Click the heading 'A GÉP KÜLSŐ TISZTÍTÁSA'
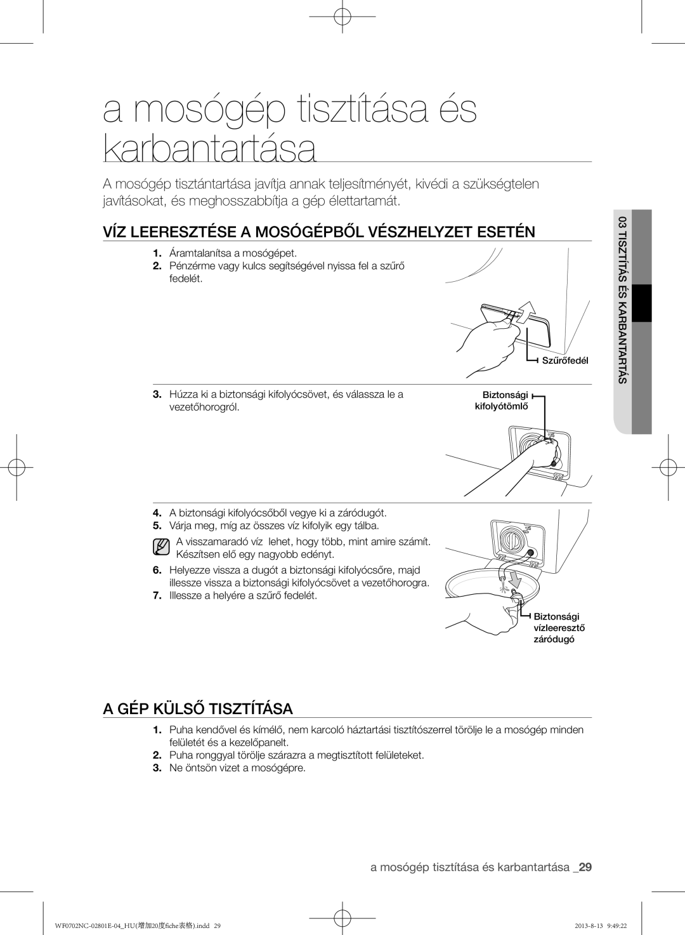click(x=197, y=708)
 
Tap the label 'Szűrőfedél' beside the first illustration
click(x=565, y=361)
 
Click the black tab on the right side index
click(x=643, y=303)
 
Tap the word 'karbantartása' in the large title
click(x=209, y=148)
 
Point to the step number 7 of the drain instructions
click(x=156, y=596)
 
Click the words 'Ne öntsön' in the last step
click(x=189, y=768)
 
